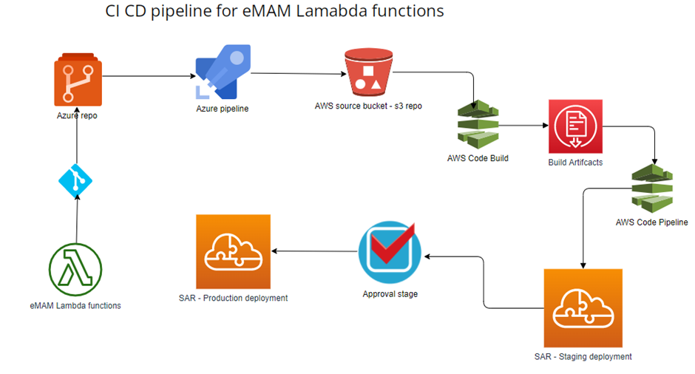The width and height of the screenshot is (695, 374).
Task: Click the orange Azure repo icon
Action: click(x=78, y=80)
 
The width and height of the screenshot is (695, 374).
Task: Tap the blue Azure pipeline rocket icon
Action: click(x=223, y=72)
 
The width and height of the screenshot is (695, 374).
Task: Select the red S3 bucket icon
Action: click(x=368, y=72)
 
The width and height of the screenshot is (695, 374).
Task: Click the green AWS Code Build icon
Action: click(x=478, y=124)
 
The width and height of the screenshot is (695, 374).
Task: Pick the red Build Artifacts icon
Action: click(x=575, y=126)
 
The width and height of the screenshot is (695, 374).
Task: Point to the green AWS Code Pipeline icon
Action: click(x=652, y=188)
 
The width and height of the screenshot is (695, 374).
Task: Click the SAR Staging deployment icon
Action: click(x=583, y=308)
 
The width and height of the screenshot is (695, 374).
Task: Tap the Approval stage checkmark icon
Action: click(x=390, y=252)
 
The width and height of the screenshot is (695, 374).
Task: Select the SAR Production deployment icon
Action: click(x=233, y=252)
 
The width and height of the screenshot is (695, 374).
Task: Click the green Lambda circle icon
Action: click(x=75, y=270)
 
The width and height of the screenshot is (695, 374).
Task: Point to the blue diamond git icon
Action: click(x=75, y=181)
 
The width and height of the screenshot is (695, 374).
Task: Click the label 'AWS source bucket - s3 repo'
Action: click(x=368, y=106)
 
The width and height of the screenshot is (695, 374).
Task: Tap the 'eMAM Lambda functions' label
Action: click(x=75, y=306)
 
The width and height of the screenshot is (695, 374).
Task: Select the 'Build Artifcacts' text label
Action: click(x=575, y=163)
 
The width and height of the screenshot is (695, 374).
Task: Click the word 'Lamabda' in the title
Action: click(x=332, y=10)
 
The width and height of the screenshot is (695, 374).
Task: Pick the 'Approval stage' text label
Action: click(x=390, y=294)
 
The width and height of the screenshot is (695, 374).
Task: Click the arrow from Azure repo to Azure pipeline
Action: click(x=149, y=76)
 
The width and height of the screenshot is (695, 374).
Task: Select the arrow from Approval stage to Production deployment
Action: click(x=314, y=251)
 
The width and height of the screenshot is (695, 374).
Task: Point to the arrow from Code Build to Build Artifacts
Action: click(x=524, y=126)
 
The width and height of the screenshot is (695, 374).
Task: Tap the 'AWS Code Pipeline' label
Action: click(x=652, y=222)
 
